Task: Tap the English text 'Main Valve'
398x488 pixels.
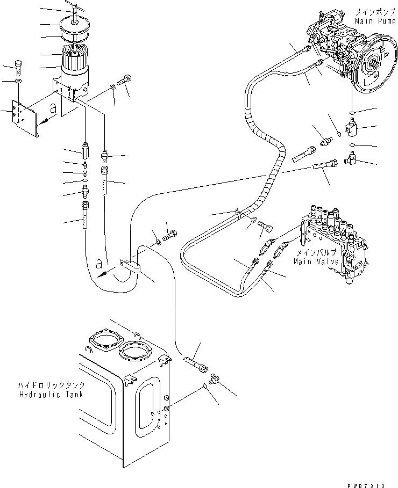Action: pyautogui.click(x=316, y=261)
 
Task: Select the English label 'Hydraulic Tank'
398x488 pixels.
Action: pyautogui.click(x=53, y=394)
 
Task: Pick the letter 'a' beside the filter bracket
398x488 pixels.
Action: pyautogui.click(x=52, y=107)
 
